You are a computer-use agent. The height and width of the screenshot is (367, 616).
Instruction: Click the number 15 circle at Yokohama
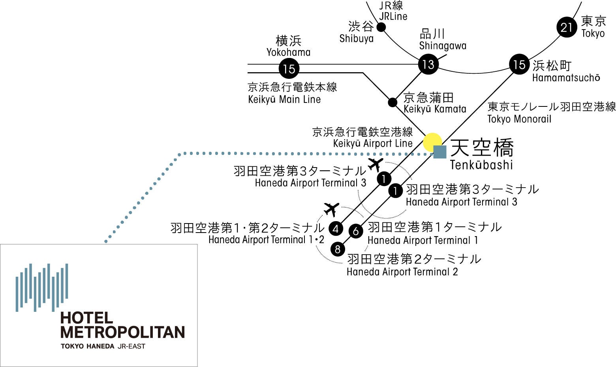289,69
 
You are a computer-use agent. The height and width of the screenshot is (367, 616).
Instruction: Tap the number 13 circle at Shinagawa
428,64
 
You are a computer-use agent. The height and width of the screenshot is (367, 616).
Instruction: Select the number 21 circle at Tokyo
567,27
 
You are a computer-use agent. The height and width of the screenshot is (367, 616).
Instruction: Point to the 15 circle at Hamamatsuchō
519,64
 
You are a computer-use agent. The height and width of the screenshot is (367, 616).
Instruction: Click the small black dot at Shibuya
381,27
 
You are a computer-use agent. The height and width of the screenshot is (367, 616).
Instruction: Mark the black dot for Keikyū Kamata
393,102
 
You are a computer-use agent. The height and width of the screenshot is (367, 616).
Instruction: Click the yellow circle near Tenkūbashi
432,142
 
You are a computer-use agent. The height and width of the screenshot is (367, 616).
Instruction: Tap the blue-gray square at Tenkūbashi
440,152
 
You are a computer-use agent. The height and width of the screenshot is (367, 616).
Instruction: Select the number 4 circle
336,229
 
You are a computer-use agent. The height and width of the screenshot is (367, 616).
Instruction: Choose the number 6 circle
356,231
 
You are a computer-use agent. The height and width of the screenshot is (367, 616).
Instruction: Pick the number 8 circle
337,249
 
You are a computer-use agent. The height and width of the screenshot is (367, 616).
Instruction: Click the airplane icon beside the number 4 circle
331,209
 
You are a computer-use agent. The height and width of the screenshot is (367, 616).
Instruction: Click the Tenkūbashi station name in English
481,164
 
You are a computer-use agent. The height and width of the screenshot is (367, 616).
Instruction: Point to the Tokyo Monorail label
519,119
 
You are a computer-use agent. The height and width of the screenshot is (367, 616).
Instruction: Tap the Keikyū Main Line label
284,99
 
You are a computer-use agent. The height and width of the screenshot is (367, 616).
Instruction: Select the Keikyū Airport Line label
372,143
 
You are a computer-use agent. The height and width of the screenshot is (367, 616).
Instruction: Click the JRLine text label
393,17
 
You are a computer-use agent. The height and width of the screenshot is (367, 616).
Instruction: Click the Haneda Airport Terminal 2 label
402,272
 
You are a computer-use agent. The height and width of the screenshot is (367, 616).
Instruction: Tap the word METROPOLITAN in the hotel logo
122,332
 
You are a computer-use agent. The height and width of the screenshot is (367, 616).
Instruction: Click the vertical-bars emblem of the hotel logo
42,287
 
